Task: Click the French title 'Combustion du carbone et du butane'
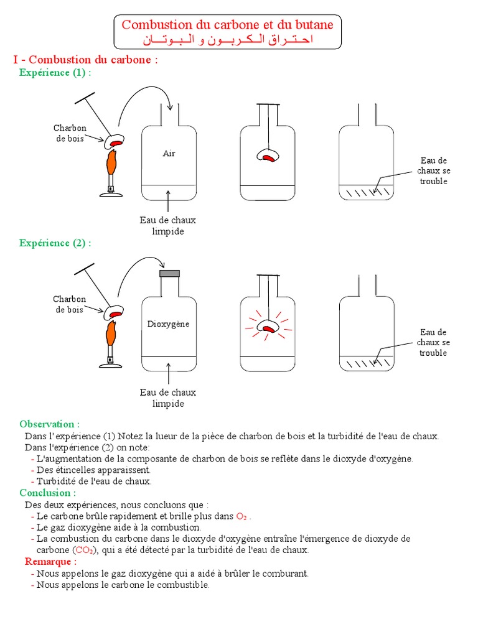227,25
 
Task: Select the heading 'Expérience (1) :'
55,73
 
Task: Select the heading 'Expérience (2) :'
55,243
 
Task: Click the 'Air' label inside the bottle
169,154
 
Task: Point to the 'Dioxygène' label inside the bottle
168,324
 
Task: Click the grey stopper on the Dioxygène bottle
169,272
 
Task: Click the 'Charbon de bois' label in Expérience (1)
70,133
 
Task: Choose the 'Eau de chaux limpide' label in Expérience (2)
168,398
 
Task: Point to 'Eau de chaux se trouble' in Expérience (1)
433,171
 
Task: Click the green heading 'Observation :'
50,424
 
